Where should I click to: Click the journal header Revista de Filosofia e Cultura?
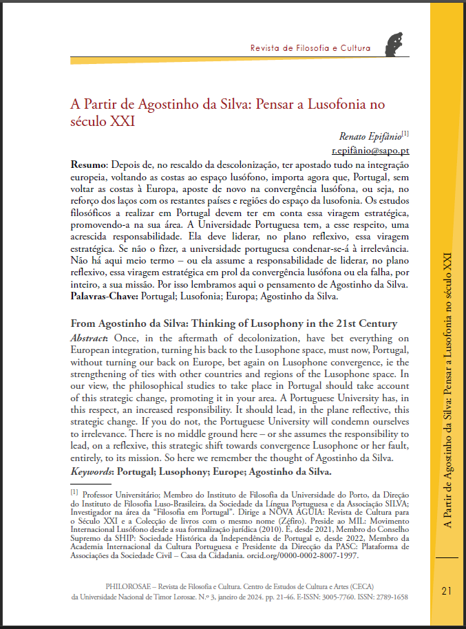tap(310, 48)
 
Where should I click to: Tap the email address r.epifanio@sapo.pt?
tap(371, 150)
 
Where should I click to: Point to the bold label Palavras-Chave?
tap(104, 297)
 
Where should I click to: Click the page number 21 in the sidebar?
tap(446, 590)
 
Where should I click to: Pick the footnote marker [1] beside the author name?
tap(405, 132)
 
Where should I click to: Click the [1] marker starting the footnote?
tap(74, 492)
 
